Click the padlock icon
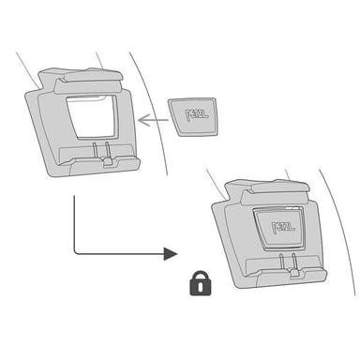201,283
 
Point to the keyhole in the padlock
201,287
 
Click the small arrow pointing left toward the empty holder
153,120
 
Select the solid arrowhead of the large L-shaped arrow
171,253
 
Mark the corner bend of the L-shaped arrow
75,252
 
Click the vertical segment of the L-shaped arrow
74,222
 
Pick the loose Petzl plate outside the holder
192,117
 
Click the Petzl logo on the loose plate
197,114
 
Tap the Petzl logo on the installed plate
283,228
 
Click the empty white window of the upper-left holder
91,117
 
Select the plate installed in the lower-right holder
278,229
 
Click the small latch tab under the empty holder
108,162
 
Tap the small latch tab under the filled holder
294,274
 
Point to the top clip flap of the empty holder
88,82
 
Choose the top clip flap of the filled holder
276,193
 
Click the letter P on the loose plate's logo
188,115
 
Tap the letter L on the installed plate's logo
292,226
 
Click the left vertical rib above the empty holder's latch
94,151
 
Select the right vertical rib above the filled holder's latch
293,262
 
